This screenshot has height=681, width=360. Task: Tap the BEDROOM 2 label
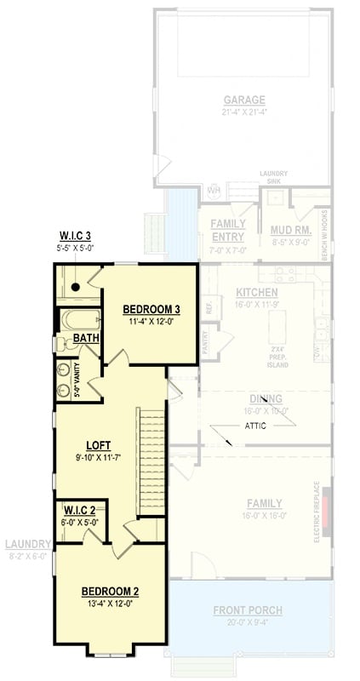(x=110, y=591)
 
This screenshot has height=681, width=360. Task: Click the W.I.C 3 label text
(x=76, y=235)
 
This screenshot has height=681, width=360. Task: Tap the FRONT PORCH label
(x=249, y=609)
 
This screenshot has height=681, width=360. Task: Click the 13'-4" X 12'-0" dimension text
(x=110, y=604)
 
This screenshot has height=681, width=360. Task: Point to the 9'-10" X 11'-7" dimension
(x=99, y=457)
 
